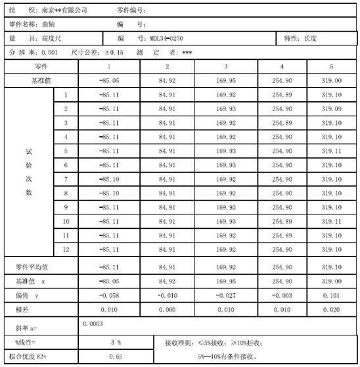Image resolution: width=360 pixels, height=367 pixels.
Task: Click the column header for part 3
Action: point(225,66)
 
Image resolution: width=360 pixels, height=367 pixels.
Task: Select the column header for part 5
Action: point(330,66)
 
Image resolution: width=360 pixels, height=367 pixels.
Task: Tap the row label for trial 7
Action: point(66,179)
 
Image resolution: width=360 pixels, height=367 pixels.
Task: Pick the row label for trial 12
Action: point(66,250)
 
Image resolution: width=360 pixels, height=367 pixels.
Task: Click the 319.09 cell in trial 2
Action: point(332,108)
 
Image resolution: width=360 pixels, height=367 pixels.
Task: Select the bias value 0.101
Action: point(332,295)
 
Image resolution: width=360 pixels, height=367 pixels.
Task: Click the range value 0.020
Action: point(332,309)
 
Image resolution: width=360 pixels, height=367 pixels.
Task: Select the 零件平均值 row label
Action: point(32,267)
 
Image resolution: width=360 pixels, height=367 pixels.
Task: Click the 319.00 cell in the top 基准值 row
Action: point(330,80)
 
